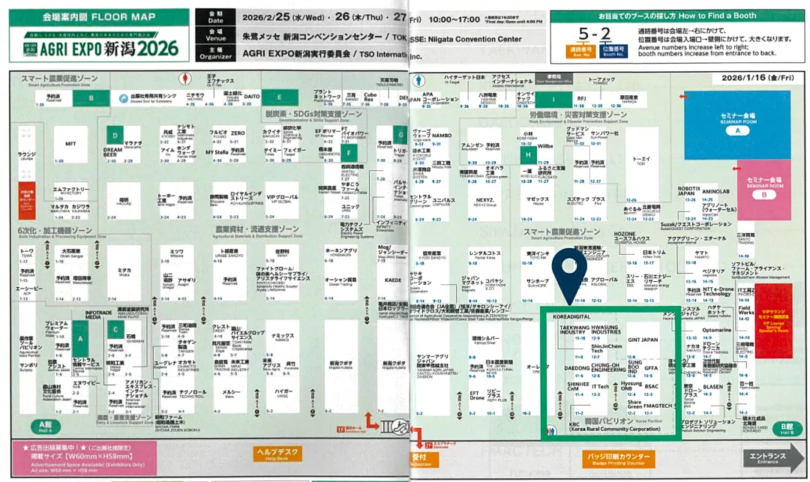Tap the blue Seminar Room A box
736,124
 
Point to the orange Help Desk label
278,454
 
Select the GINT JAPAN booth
642,340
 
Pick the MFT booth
71,143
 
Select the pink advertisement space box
83,457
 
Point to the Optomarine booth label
717,330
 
